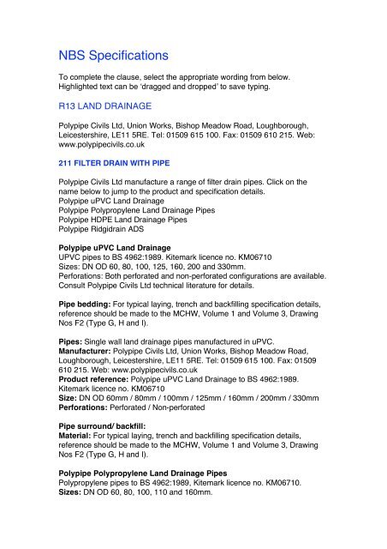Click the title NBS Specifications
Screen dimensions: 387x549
tap(107, 56)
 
